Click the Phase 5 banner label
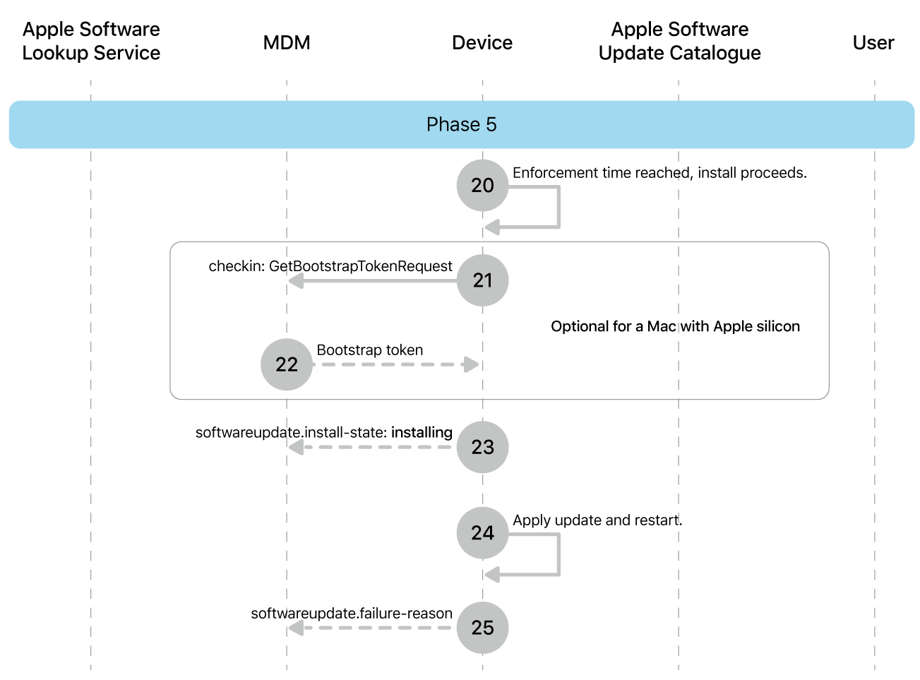click(461, 124)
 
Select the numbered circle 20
click(482, 185)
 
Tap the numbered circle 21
click(482, 280)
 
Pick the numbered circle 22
click(287, 364)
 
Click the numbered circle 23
click(482, 447)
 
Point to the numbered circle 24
click(482, 532)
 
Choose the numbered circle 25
click(482, 628)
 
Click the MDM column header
click(287, 42)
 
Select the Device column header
click(482, 42)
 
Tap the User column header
click(873, 42)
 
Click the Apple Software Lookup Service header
click(91, 41)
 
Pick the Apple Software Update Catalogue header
click(679, 41)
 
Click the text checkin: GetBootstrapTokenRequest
click(330, 266)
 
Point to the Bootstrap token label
click(370, 350)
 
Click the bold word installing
click(422, 432)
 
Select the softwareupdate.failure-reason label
click(352, 613)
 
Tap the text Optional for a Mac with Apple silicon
click(675, 326)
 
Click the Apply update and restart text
click(597, 520)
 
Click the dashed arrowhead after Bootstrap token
click(470, 364)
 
